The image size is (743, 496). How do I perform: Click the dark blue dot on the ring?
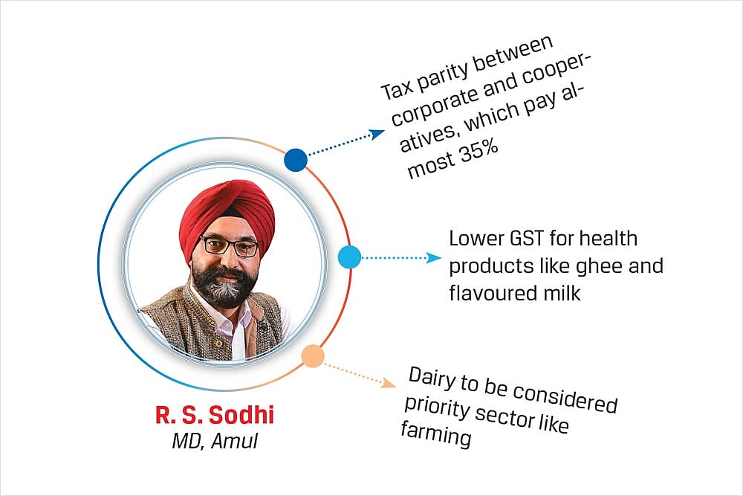click(x=296, y=160)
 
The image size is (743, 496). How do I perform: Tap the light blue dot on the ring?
click(x=350, y=257)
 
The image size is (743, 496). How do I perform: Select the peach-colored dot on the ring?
click(x=313, y=356)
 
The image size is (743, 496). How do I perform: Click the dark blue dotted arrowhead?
click(x=377, y=134)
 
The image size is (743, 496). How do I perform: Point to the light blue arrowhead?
click(x=434, y=257)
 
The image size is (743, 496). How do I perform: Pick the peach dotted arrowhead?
click(x=389, y=382)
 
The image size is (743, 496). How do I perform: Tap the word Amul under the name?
click(x=235, y=441)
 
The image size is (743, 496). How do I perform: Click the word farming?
click(x=436, y=434)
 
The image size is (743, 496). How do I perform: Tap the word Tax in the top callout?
click(x=397, y=90)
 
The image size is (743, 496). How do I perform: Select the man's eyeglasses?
click(x=231, y=246)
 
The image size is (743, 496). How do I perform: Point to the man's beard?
click(x=223, y=286)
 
